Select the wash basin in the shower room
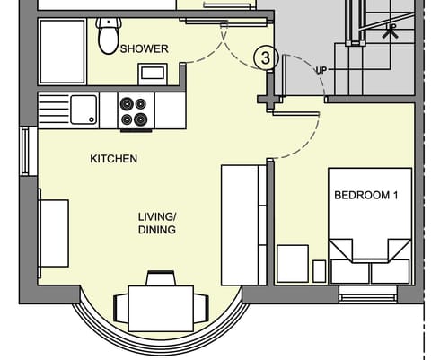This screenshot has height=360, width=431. click(151, 73)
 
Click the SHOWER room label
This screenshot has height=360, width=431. click(145, 48)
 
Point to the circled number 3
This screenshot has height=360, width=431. click(265, 57)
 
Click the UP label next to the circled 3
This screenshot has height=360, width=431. click(321, 69)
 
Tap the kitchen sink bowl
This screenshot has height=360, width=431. click(85, 110)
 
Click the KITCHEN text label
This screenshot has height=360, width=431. click(113, 159)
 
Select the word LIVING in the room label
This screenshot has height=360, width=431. click(156, 216)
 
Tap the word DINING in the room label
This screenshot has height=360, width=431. click(156, 230)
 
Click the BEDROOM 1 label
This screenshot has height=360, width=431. click(365, 195)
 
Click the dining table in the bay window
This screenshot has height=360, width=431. click(160, 308)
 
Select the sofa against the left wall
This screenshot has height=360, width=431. click(53, 232)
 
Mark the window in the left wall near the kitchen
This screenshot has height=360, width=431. click(25, 151)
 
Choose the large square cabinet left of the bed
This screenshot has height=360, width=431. click(292, 263)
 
